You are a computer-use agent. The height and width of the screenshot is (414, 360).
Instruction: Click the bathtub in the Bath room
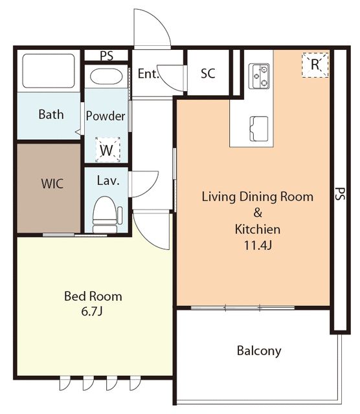click(x=49, y=71)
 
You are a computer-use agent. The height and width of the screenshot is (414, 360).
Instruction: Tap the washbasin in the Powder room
click(x=106, y=76)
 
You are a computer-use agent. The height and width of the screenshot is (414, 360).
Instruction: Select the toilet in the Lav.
click(x=106, y=215)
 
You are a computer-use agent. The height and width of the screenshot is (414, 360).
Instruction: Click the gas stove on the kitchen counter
click(x=259, y=76)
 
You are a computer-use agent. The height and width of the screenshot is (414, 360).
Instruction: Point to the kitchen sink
click(x=259, y=129)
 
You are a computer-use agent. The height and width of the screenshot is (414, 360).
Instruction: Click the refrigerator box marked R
click(x=315, y=65)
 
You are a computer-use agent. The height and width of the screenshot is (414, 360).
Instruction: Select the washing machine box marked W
click(x=107, y=149)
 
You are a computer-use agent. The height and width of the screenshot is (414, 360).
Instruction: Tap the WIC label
click(x=52, y=184)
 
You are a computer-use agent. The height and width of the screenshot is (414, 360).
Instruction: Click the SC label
click(x=208, y=73)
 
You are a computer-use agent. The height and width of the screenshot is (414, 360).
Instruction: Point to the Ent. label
click(x=148, y=74)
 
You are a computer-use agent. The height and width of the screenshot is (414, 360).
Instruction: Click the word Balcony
click(x=259, y=351)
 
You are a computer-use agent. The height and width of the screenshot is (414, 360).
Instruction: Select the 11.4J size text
click(x=258, y=246)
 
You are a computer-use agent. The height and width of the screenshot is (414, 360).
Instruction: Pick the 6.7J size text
click(x=92, y=312)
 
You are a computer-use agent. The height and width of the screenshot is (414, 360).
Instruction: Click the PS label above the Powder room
click(x=107, y=56)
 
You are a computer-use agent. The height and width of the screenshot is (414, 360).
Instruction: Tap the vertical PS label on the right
click(x=340, y=194)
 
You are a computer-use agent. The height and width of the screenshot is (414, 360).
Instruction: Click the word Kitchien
click(x=258, y=229)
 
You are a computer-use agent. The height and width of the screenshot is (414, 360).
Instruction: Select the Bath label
click(x=51, y=114)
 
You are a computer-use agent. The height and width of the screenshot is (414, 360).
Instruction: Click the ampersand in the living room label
click(x=258, y=213)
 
